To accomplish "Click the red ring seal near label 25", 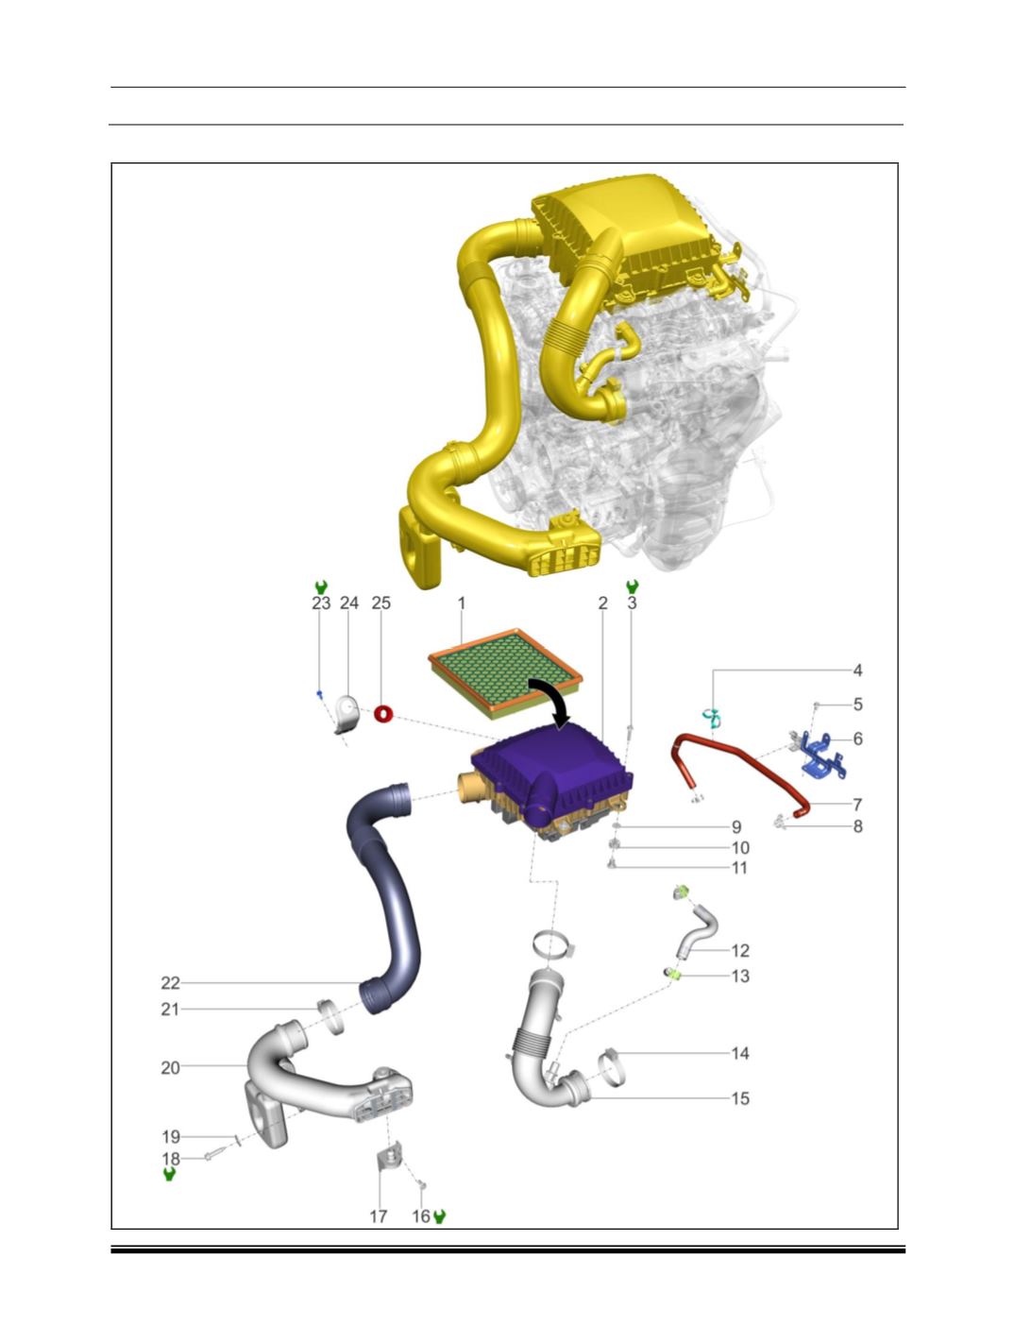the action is tap(383, 713).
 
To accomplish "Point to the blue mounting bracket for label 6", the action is tap(822, 756).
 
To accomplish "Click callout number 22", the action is tap(171, 983).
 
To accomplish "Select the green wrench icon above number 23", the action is tap(321, 586).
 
